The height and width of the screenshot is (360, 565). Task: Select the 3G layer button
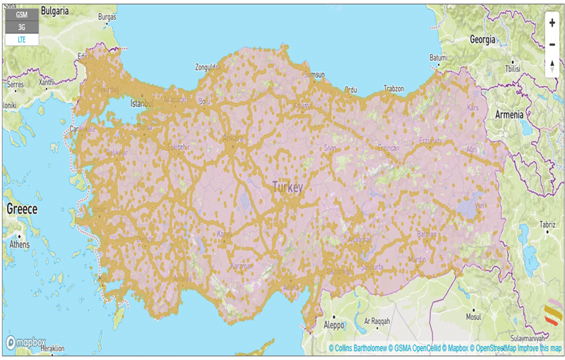22,28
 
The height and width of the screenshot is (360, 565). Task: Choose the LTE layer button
22,40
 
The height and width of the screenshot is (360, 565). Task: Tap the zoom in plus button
551,23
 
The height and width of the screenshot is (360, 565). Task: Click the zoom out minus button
551,44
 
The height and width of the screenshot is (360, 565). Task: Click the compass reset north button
551,66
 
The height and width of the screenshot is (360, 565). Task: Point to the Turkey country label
287,187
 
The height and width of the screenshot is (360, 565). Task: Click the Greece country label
22,209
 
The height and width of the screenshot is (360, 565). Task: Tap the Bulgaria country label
54,11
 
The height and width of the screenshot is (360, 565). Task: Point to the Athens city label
20,245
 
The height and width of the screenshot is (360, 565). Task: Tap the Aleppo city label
334,325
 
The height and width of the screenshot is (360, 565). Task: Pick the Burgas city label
107,16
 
